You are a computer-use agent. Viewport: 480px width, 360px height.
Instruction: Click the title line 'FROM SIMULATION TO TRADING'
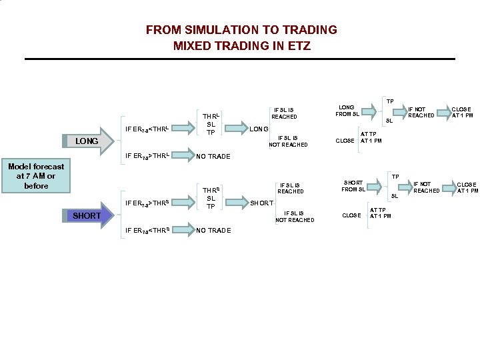coord(241,30)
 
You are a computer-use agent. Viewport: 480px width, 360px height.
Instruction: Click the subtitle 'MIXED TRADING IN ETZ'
coord(241,46)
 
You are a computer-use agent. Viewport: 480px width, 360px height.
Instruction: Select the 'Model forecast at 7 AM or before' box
coord(36,176)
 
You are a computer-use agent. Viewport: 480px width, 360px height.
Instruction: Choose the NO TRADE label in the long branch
coord(213,157)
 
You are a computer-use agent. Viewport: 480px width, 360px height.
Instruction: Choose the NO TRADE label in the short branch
coord(213,231)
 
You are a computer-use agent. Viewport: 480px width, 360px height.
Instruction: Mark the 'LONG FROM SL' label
coord(347,110)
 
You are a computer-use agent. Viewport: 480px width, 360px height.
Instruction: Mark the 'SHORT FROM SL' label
coord(353,185)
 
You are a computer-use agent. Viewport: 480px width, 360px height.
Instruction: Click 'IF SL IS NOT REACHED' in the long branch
coord(288,141)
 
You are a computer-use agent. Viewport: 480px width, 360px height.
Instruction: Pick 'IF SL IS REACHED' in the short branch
coord(291,188)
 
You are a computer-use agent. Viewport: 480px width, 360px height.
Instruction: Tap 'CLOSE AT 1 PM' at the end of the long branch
coord(462,112)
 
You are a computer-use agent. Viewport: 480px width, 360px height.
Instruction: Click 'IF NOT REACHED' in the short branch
coord(426,187)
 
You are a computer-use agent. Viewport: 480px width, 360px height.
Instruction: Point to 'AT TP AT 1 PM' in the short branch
coord(381,212)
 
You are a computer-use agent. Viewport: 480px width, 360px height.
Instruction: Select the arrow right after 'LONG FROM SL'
coord(371,111)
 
